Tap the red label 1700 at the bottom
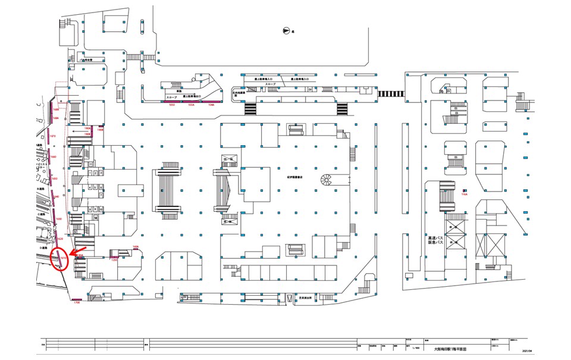(x=76, y=303)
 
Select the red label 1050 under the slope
(x=172, y=105)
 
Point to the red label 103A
(x=191, y=105)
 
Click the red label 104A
(x=211, y=105)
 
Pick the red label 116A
(x=465, y=194)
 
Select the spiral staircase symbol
(x=327, y=179)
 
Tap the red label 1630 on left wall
(x=58, y=219)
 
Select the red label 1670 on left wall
(x=52, y=136)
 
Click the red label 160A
(x=136, y=246)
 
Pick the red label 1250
(x=114, y=260)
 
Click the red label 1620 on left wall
(x=60, y=238)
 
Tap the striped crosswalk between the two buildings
(x=389, y=93)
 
